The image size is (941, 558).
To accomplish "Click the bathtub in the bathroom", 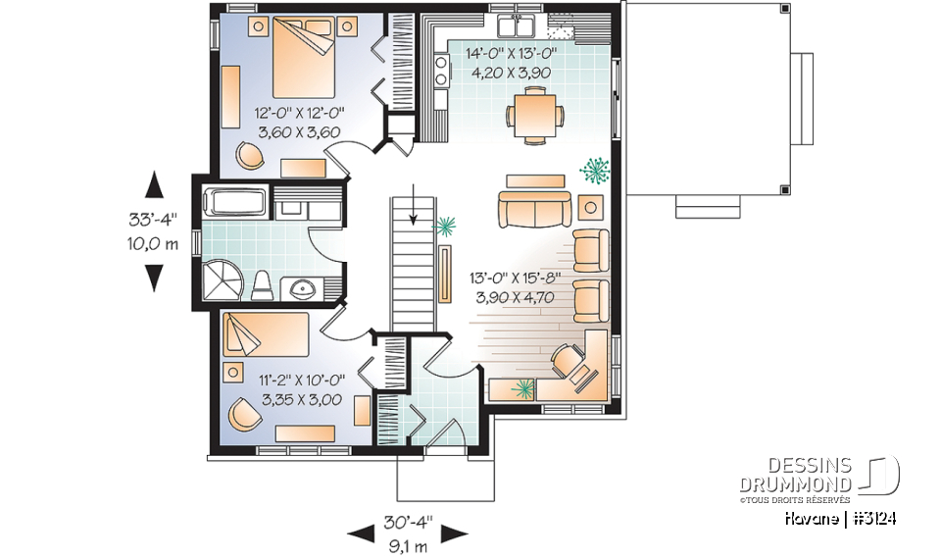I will coord(234,203).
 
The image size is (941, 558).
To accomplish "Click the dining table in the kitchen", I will coord(534,113).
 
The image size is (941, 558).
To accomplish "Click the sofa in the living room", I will coord(534,209).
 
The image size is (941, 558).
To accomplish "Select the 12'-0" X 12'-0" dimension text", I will coord(298,122).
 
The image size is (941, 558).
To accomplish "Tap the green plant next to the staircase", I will coord(446,228).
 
